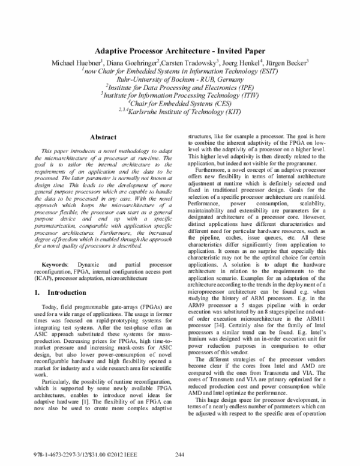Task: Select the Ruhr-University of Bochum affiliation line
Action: click(180, 78)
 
